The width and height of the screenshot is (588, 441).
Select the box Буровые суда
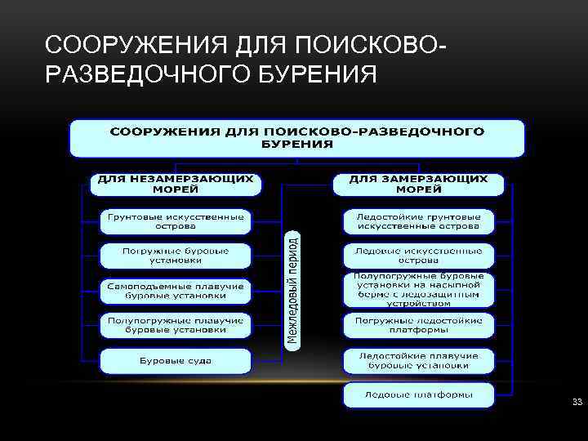point(176,360)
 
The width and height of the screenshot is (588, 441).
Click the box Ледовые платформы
point(419,395)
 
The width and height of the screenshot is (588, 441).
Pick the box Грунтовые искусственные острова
point(176,221)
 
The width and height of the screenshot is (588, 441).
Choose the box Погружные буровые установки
point(176,256)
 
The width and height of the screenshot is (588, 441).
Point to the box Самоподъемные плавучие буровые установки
point(176,291)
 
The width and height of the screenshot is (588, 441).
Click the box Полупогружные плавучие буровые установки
point(176,325)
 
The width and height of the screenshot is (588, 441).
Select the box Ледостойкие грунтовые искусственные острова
point(419,221)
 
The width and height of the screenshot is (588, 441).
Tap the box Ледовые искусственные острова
point(419,256)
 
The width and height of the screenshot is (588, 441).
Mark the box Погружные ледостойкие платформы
point(419,325)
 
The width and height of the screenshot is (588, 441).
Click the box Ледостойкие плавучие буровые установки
point(419,360)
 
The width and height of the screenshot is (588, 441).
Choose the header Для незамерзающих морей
point(176,183)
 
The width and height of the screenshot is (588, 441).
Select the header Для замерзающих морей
point(419,183)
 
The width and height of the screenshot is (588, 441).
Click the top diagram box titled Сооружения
point(297,137)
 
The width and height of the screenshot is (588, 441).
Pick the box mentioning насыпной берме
point(419,289)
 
